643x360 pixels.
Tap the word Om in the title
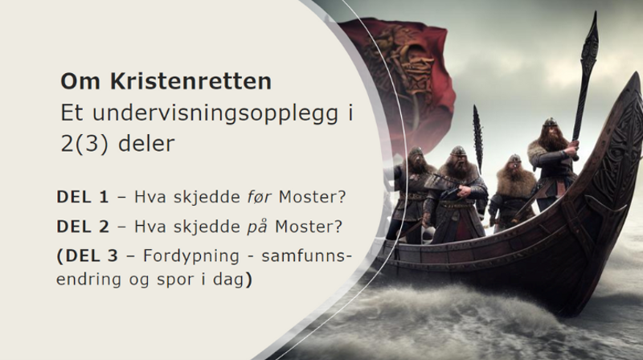click(77, 82)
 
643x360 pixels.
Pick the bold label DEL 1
click(83, 197)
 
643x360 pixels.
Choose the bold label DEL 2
click(83, 227)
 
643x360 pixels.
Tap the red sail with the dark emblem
click(394, 80)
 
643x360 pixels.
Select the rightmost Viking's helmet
click(550, 124)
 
